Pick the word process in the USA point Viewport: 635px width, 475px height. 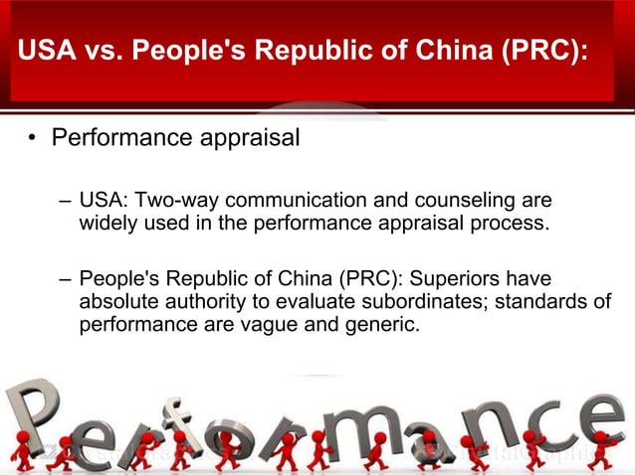point(512,223)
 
